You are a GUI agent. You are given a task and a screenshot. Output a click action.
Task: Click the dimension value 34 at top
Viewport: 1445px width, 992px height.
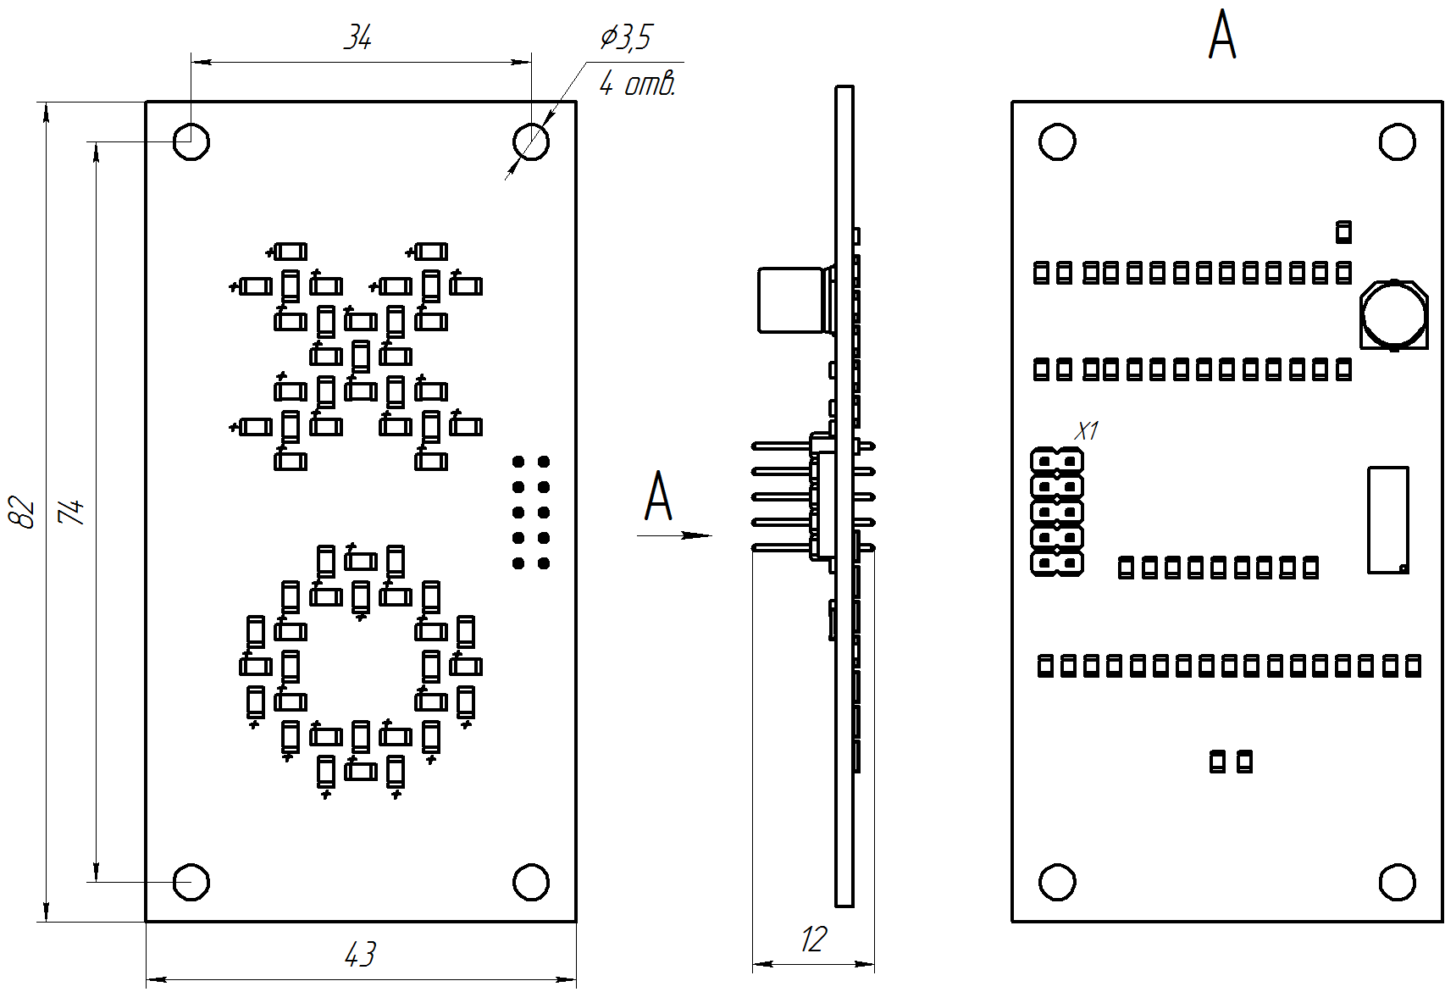[357, 38]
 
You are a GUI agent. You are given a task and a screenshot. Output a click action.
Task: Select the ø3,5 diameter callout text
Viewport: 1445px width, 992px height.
[626, 38]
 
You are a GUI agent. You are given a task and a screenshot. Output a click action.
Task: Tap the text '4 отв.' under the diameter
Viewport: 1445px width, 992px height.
[637, 84]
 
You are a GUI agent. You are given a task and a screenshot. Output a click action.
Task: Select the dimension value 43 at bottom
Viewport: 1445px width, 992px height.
[360, 955]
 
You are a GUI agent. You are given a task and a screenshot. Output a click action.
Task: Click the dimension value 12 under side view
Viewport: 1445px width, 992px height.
[813, 939]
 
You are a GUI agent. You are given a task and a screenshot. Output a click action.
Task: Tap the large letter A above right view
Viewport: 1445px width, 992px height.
[1221, 36]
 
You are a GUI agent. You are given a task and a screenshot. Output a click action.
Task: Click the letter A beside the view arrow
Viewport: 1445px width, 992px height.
[658, 497]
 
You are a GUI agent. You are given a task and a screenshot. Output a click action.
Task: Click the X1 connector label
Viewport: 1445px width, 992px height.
[1086, 431]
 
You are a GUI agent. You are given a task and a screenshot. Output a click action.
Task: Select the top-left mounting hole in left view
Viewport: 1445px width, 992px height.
[191, 141]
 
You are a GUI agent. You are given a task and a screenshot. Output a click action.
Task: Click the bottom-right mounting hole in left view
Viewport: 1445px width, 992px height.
[531, 883]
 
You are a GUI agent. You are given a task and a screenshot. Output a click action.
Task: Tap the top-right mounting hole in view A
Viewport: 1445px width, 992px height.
[1397, 141]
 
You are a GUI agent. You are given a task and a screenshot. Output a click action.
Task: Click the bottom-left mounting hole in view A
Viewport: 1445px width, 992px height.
[1057, 883]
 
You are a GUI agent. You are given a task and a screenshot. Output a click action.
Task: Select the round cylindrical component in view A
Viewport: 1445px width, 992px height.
[1393, 314]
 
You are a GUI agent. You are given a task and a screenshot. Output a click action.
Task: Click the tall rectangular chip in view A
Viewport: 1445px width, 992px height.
[1388, 519]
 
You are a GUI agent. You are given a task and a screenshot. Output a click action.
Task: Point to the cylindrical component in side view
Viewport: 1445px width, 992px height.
[791, 300]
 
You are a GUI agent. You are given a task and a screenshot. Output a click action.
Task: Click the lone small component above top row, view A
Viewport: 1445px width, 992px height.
[1343, 232]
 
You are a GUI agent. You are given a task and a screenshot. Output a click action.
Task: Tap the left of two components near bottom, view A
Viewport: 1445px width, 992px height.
[1217, 762]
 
